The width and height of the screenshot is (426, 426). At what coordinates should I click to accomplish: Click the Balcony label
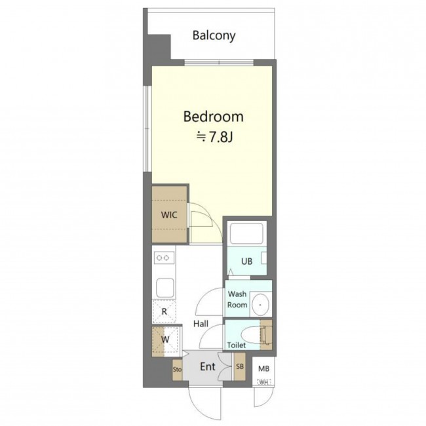214,35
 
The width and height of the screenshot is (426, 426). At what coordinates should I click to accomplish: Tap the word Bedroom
213,117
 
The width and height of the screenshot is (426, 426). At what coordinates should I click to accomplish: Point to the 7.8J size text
214,138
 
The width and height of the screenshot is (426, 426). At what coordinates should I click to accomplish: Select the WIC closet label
169,215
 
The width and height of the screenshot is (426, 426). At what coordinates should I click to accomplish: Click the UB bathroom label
246,261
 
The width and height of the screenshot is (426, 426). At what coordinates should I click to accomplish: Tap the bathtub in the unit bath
246,234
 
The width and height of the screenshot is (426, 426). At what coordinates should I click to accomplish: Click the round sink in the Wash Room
260,305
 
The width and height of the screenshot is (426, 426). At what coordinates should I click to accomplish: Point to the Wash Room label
237,300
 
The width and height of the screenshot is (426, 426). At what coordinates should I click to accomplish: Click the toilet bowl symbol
251,334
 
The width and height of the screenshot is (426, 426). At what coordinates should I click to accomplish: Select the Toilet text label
237,345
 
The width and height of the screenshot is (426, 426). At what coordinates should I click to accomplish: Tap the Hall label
201,324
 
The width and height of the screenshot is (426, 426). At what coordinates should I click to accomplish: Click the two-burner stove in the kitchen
164,258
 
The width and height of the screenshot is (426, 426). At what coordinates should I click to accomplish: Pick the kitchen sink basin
165,288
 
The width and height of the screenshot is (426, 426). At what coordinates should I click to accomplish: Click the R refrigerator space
164,311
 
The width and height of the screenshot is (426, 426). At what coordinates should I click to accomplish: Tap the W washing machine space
165,339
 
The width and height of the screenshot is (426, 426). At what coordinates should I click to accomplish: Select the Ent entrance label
208,367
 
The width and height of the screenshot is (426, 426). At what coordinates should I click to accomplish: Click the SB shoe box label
240,366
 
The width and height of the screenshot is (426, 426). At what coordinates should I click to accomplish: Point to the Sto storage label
177,370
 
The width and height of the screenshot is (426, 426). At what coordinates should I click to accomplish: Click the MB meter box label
263,369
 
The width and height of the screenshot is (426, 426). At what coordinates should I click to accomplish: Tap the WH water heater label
263,383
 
